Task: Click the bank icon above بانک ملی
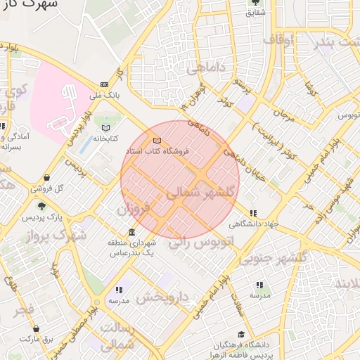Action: pyautogui.click(x=105, y=84)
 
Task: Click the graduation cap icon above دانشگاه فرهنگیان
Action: pyautogui.click(x=241, y=335)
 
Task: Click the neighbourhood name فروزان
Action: pyautogui.click(x=134, y=209)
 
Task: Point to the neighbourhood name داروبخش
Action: pyautogui.click(x=163, y=297)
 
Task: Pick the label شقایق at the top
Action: pyautogui.click(x=255, y=11)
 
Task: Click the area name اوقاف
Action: pyautogui.click(x=281, y=40)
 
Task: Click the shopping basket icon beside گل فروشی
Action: pyautogui.click(x=46, y=177)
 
